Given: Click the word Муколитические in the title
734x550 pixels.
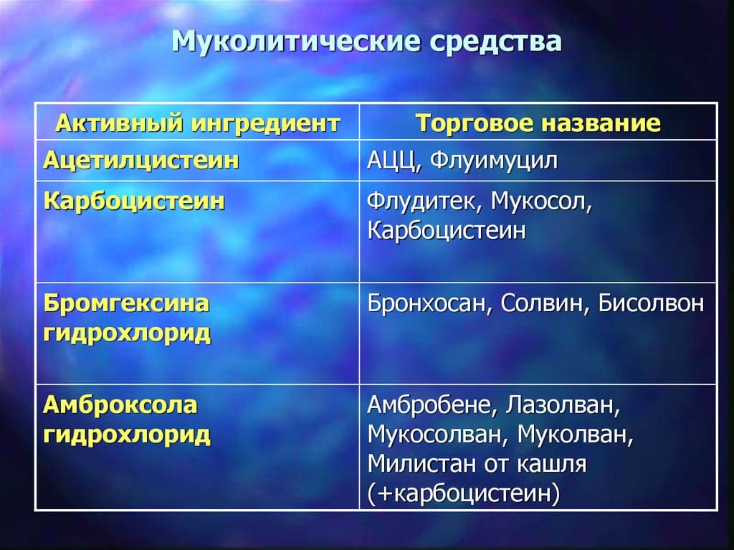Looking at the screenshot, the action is click(296, 41).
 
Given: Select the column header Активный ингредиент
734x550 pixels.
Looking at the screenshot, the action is click(198, 123).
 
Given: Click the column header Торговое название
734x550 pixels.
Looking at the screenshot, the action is click(538, 123).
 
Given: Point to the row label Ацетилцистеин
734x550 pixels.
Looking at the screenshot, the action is click(141, 161).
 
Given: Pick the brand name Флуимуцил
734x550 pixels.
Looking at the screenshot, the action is click(494, 161).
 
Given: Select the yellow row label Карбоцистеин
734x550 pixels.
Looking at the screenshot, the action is click(134, 201).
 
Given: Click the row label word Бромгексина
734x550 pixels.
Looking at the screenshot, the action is click(126, 303).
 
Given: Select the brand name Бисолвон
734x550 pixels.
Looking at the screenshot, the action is click(651, 303).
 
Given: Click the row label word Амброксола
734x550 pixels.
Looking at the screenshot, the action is click(120, 404).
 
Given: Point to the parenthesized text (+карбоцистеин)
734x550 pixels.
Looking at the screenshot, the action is click(464, 494).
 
